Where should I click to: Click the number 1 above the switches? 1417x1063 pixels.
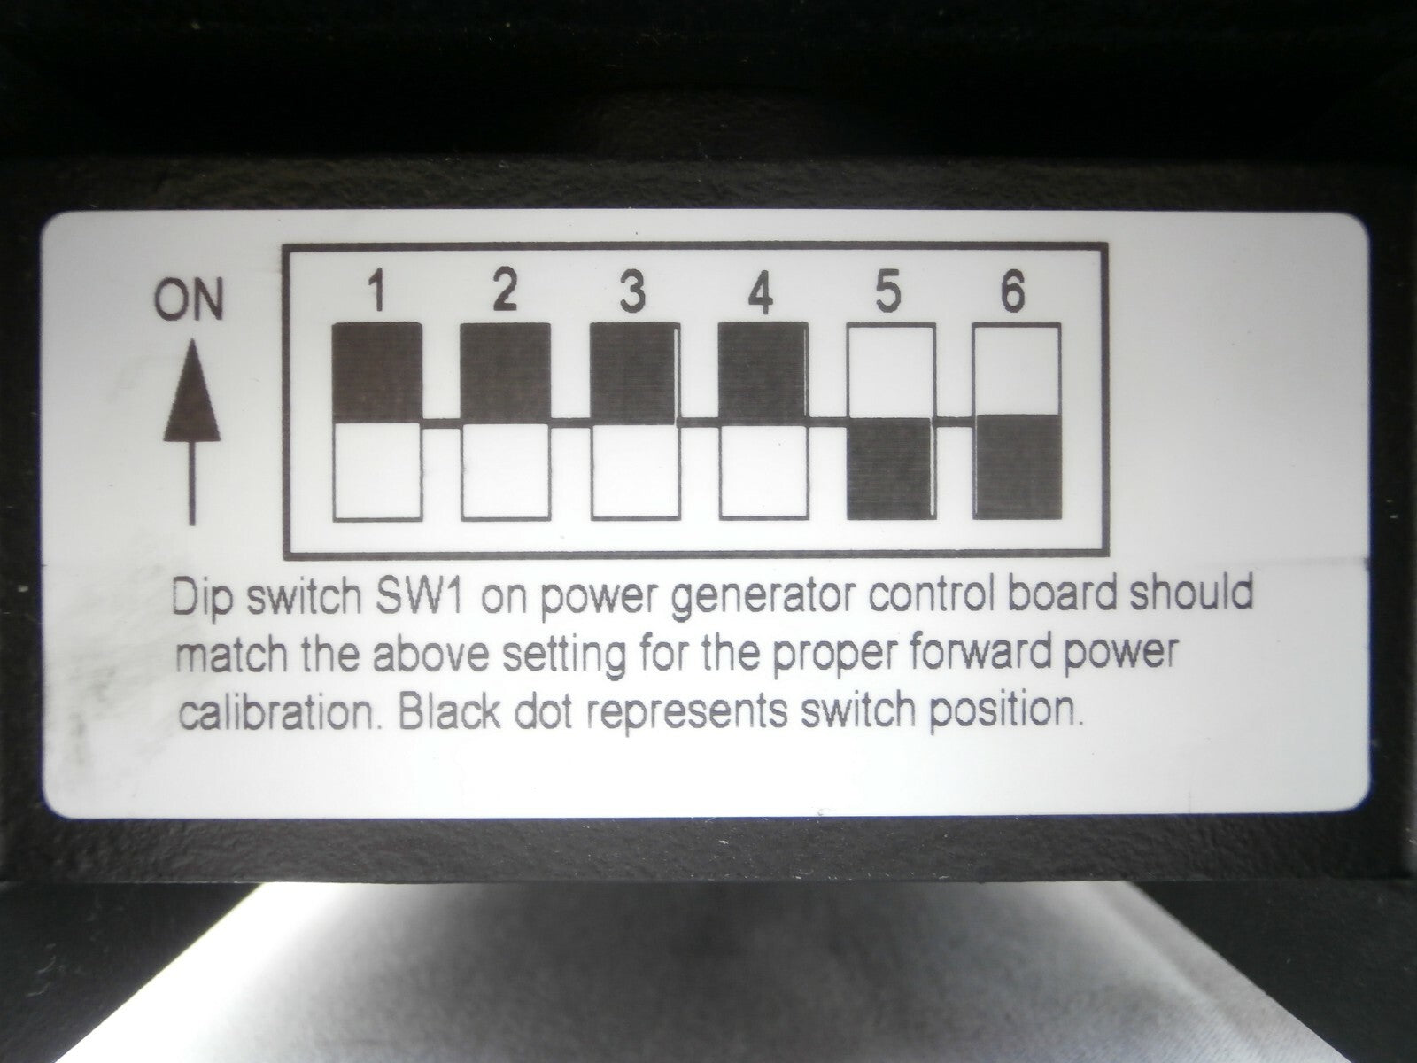point(377,291)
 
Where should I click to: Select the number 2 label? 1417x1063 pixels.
point(504,291)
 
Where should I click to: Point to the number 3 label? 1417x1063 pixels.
point(632,291)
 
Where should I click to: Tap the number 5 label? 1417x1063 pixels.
point(887,291)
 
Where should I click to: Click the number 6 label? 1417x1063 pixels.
point(1012,291)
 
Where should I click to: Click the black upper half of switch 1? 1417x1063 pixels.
point(377,372)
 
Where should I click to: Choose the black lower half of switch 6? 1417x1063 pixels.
point(1018,467)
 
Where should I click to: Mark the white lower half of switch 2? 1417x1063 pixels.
point(506,472)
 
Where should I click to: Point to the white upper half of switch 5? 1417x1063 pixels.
point(891,372)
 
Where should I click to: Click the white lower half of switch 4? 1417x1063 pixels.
point(763,472)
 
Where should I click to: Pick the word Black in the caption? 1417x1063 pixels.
point(449,712)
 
